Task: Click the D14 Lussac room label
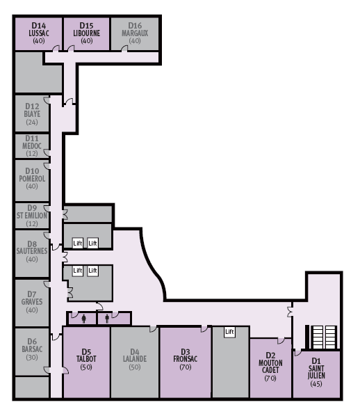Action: tap(38, 33)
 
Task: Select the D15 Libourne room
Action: tap(87, 33)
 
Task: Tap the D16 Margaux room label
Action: tap(135, 33)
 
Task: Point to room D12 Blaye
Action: tap(31, 114)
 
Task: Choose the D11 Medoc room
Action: tap(31, 145)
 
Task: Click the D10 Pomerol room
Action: tap(31, 178)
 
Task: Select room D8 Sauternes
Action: tap(31, 250)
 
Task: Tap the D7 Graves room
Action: tap(31, 301)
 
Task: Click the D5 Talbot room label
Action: tap(86, 359)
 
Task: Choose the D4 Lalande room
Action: tap(135, 359)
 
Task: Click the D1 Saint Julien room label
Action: tap(316, 370)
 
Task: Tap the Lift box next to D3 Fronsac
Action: tap(229, 333)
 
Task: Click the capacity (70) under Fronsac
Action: tap(185, 367)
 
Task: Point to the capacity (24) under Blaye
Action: tap(31, 122)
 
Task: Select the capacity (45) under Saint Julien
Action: tap(316, 383)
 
